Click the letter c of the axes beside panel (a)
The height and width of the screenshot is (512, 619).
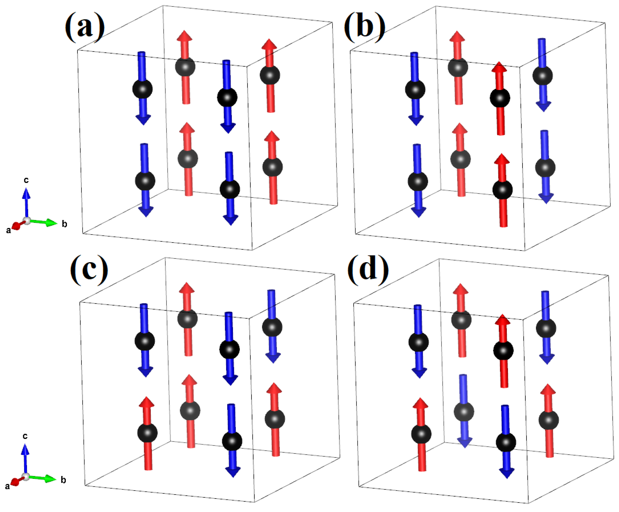26,180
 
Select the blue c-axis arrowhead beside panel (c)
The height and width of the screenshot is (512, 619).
25,449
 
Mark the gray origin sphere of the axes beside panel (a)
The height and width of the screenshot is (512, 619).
27,221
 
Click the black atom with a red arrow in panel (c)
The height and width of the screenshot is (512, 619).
147,433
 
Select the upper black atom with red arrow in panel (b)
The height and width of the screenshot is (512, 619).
500,98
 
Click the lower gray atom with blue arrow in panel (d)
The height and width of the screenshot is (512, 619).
464,412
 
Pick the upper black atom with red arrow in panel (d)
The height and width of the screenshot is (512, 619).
503,351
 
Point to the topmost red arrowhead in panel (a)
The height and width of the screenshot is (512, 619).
184,36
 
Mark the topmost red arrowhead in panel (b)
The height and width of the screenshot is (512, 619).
457,36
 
